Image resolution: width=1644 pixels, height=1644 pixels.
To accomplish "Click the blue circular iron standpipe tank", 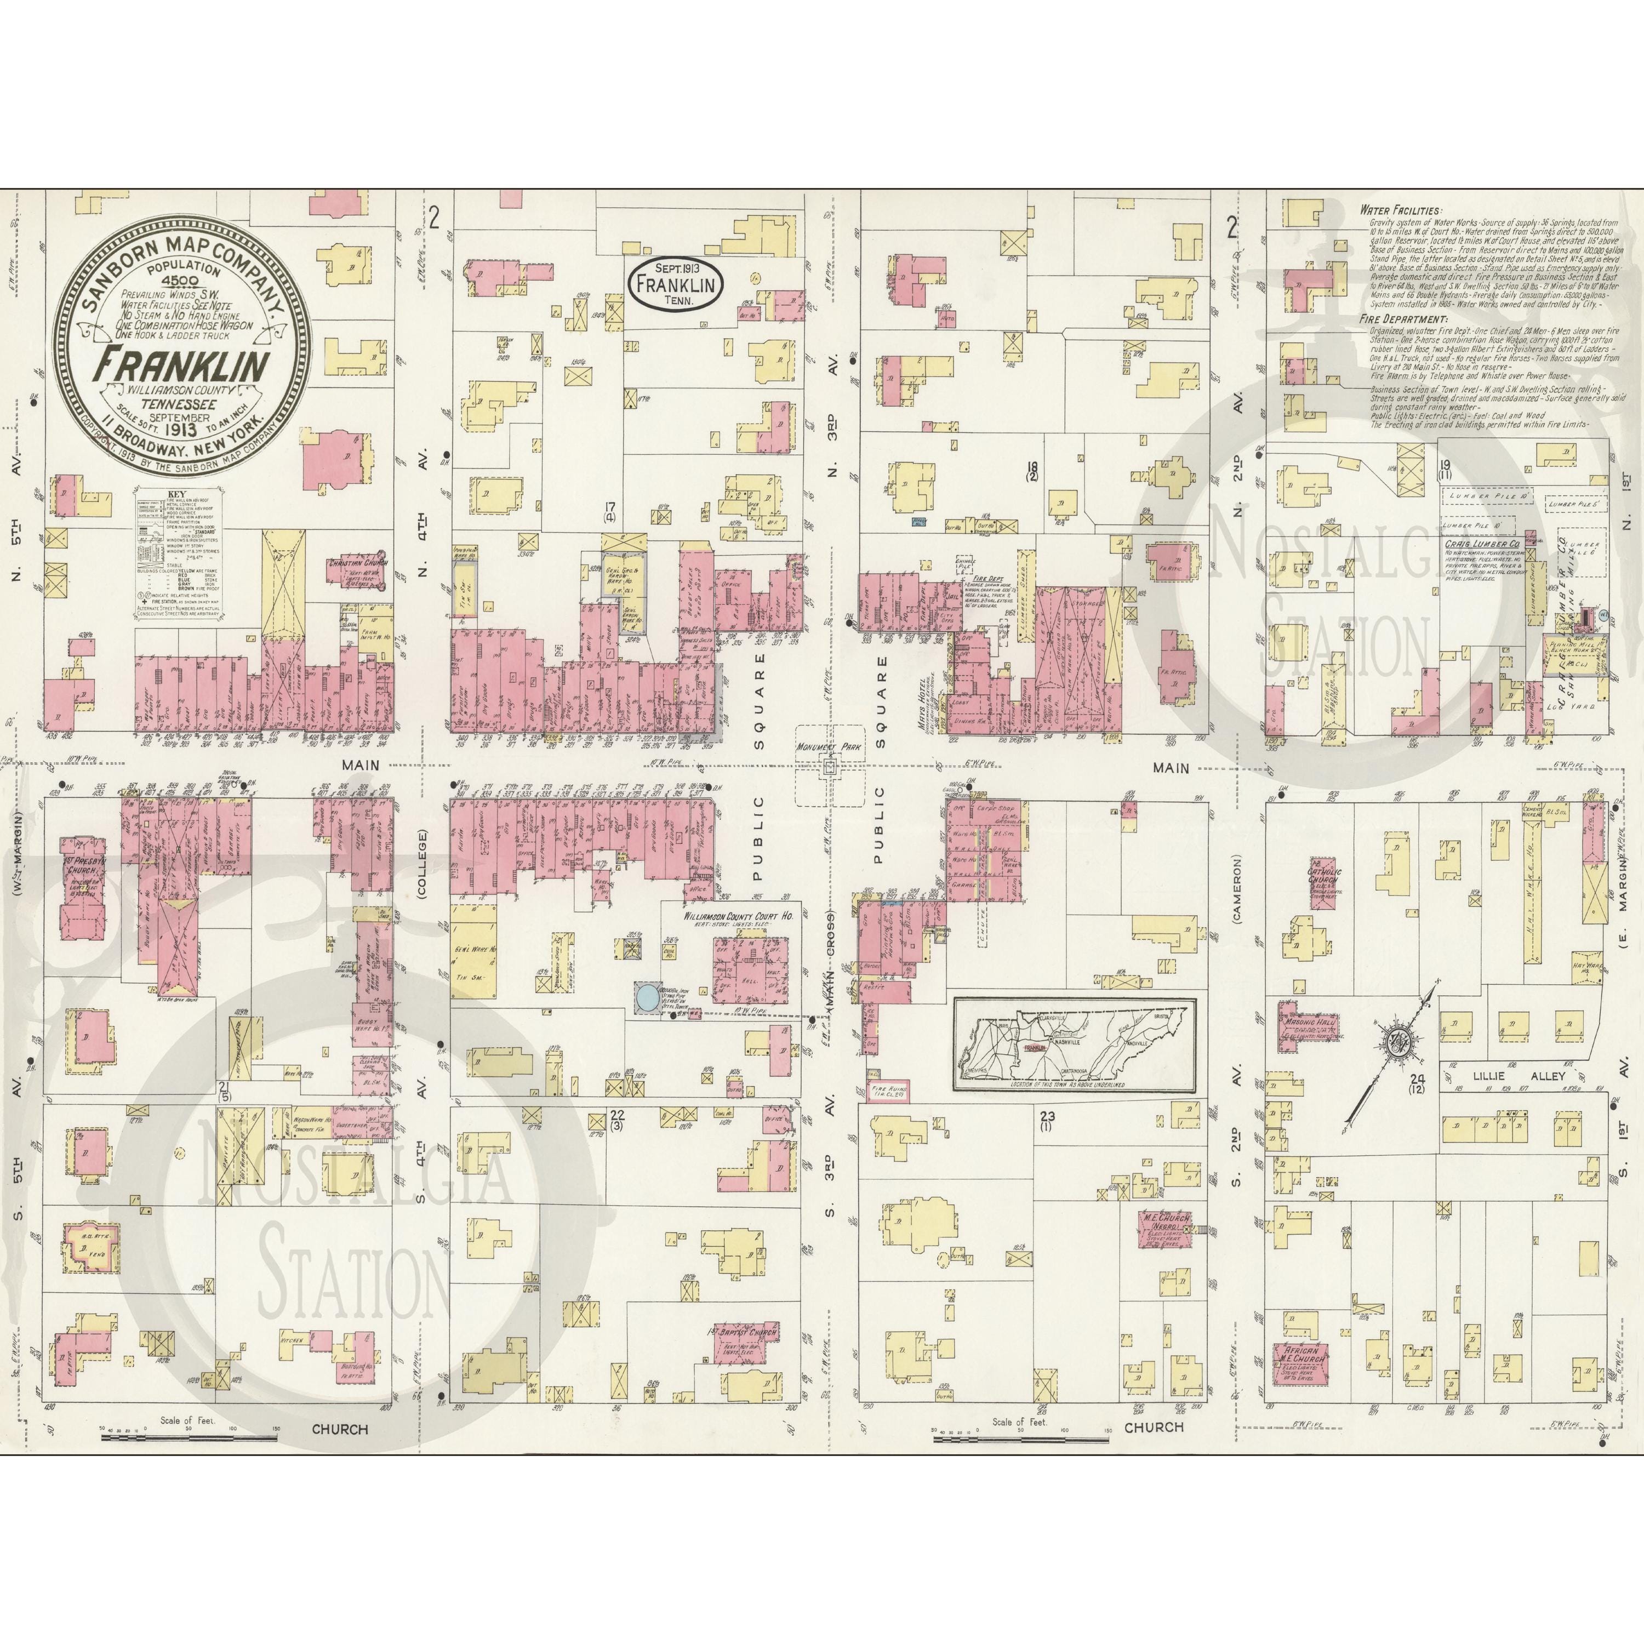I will (646, 996).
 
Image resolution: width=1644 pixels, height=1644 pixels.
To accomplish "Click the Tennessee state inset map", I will (1074, 1043).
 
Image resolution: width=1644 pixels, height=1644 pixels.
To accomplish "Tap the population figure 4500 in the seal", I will (182, 280).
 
